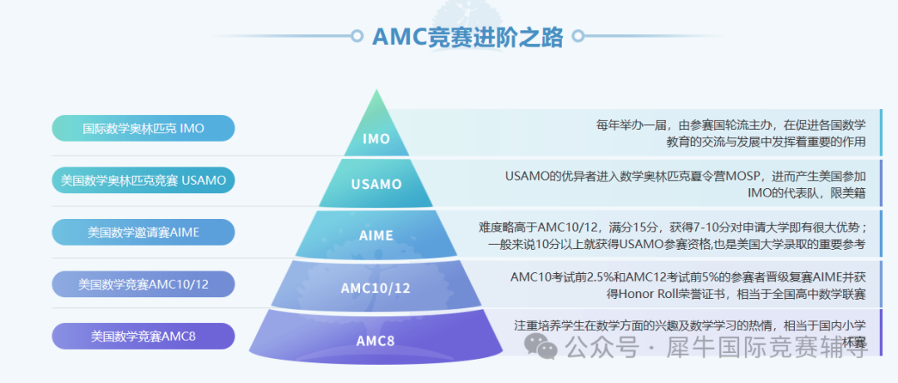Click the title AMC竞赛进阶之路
pos(467,37)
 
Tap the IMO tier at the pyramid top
pos(377,138)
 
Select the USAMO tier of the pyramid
pos(377,184)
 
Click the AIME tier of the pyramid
pos(377,236)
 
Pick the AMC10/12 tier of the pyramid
pos(376,288)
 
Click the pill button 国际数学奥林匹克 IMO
pos(143,128)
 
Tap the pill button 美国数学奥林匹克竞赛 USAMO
pos(143,180)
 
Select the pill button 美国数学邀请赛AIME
pos(143,232)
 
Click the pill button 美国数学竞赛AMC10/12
pos(143,284)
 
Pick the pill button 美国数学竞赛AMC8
pos(143,336)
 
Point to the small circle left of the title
pos(358,37)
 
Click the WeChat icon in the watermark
pos(547,348)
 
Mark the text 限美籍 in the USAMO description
pos(846,193)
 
